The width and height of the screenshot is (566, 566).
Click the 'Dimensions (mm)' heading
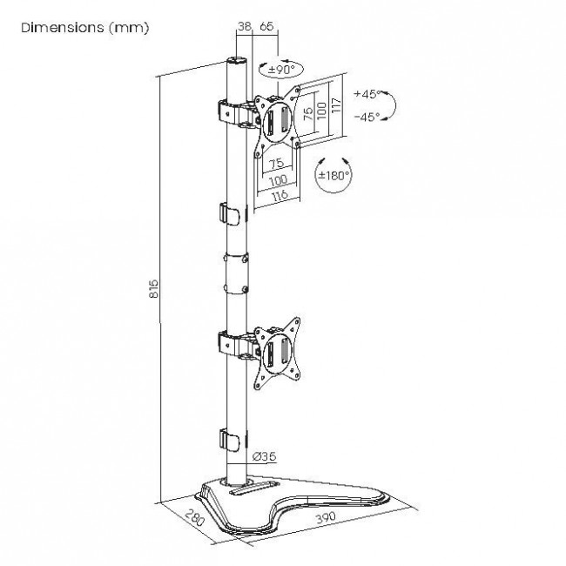pos(84,28)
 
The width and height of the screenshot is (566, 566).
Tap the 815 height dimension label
pos(154,288)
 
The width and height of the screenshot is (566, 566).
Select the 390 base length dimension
pos(326,517)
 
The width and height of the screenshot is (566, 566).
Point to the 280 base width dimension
pos(195,517)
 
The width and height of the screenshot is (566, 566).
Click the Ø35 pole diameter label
pos(265,456)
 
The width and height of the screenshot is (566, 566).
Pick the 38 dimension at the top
pos(244,26)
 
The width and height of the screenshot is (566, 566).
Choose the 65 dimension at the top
pos(266,26)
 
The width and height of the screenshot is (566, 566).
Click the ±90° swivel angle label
pos(281,70)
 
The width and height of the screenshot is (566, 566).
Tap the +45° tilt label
pos(367,94)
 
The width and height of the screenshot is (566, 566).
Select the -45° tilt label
pos(367,117)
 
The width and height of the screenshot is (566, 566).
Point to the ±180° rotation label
pos(334,176)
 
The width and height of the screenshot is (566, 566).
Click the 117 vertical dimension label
pos(336,104)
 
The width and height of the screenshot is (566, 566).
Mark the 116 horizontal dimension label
pos(280,196)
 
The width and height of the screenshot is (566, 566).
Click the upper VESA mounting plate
pos(277,121)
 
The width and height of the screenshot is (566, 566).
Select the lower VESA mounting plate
pos(277,354)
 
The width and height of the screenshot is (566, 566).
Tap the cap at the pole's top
pos(237,59)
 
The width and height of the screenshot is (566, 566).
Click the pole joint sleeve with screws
pos(236,273)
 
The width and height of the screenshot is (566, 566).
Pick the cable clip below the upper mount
pos(230,215)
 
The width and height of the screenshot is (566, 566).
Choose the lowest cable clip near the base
pos(230,440)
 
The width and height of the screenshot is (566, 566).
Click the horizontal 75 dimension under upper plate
pos(277,164)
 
